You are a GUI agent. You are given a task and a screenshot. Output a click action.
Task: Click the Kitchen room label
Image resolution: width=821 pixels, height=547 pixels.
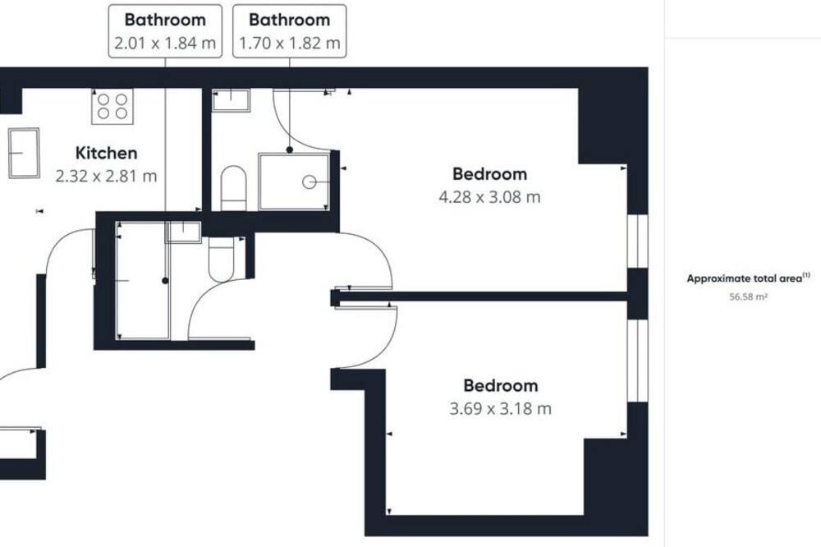pos(106,153)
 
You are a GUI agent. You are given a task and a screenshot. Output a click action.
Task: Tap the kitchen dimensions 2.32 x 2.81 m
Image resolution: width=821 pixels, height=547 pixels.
pos(106,176)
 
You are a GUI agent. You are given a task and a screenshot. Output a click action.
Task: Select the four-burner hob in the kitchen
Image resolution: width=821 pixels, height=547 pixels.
pos(112,107)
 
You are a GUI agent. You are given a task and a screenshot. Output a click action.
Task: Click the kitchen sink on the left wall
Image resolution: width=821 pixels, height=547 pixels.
pos(24,153)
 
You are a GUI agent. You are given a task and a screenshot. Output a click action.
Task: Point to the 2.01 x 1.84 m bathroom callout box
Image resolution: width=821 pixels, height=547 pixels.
pos(166,31)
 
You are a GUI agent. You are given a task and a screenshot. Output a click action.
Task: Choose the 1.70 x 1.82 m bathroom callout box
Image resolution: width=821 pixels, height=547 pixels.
pos(290,31)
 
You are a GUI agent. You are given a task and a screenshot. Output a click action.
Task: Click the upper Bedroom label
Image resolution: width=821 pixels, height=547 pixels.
pos(489,174)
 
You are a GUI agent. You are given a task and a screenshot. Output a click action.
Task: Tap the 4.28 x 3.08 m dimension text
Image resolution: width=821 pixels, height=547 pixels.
pos(489,197)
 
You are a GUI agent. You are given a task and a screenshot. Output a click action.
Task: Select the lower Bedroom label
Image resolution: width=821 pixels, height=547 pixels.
pos(501,386)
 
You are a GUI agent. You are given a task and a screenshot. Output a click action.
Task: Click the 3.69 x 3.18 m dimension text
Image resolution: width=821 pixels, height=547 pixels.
pos(501,409)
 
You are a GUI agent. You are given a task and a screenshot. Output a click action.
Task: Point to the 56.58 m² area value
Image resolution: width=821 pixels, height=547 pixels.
pos(749,297)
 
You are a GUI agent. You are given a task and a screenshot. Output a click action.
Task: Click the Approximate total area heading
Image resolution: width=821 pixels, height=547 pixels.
pos(748,278)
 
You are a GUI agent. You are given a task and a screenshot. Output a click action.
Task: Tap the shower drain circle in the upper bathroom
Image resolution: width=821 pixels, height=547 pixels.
pos(309,182)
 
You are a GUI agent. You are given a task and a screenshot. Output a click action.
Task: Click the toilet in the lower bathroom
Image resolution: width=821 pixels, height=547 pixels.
pos(222,260)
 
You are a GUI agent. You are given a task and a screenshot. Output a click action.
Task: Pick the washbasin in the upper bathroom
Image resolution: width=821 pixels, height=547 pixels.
pos(231,100)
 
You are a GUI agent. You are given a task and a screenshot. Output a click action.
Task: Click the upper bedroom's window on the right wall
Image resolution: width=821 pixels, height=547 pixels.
pos(638,241)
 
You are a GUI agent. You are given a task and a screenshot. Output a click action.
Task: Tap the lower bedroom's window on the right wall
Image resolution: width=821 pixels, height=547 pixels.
pos(638,361)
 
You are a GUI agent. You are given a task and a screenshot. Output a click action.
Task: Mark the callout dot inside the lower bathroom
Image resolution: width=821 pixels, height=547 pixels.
pos(166,281)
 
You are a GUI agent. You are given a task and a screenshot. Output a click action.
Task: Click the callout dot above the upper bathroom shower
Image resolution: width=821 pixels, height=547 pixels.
pos(290,149)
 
